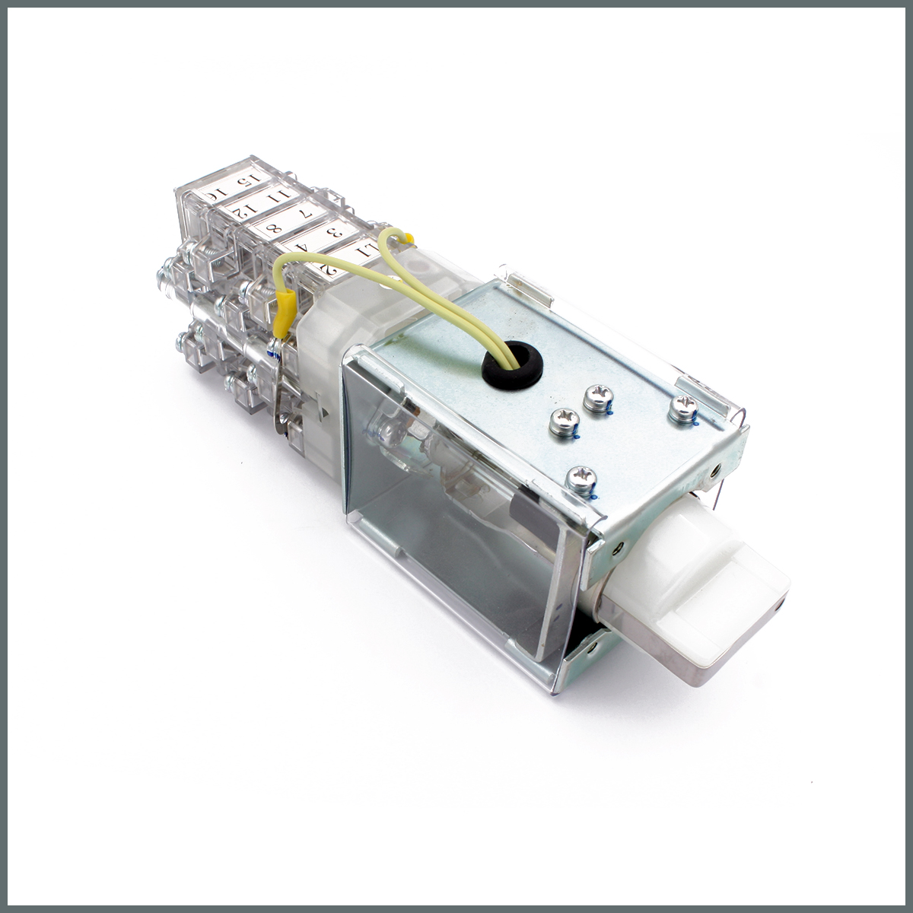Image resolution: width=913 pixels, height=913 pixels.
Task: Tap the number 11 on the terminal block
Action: pyautogui.click(x=283, y=196)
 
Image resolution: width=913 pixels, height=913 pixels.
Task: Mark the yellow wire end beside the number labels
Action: pyautogui.click(x=409, y=240)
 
